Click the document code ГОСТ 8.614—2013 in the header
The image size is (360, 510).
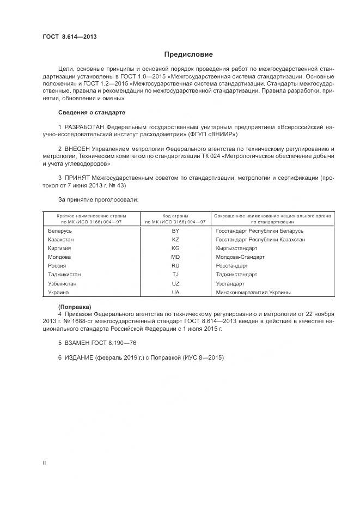click(66, 37)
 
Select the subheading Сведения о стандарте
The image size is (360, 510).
click(91, 112)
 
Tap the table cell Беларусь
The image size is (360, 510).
click(60, 230)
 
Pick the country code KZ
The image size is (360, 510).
click(175, 239)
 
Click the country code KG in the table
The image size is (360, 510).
click(175, 248)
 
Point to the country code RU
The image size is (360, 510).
click(175, 265)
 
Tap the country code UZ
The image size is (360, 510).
click(175, 283)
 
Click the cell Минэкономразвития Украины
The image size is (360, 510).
click(253, 292)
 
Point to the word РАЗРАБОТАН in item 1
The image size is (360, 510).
click(84, 127)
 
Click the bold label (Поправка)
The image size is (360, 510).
click(75, 307)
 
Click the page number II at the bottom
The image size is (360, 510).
click(45, 463)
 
